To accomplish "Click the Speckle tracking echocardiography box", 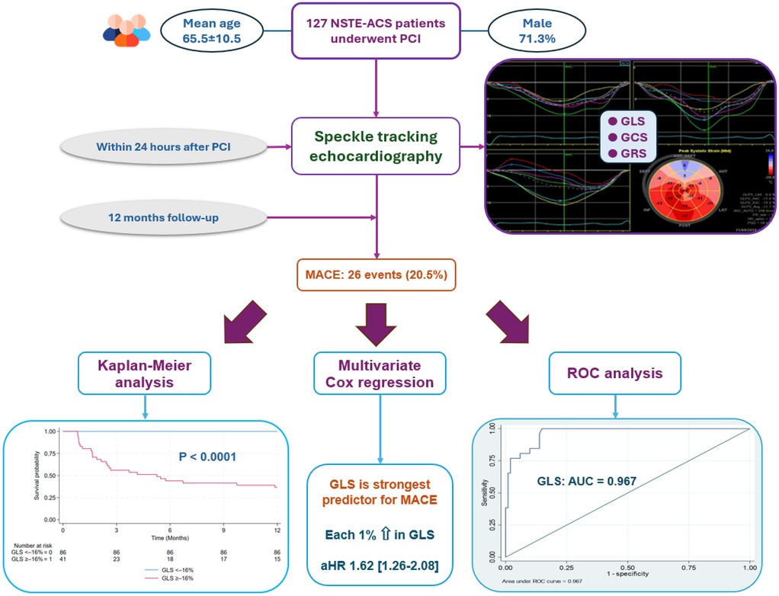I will [x=376, y=146].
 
